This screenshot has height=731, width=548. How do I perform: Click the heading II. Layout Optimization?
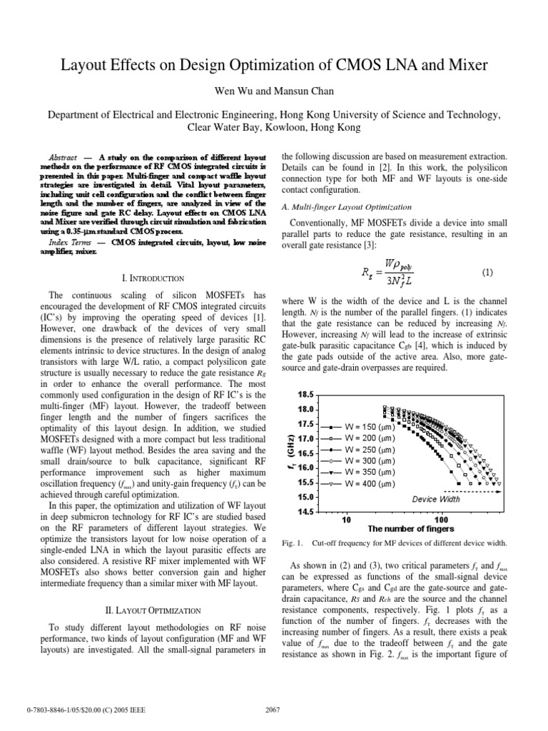(155, 610)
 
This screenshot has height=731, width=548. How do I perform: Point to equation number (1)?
(488, 273)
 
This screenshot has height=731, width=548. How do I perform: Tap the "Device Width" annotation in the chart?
(437, 499)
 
